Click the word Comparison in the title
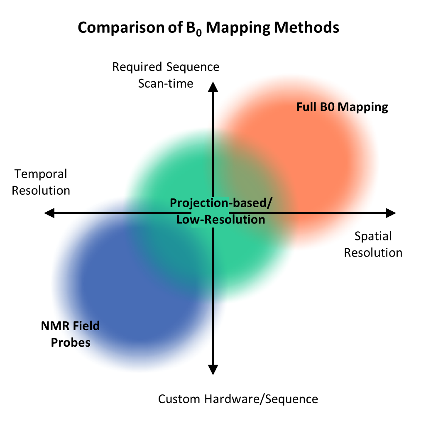pos(121,28)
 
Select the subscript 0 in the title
pos(198,33)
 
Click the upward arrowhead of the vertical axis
pos(213,87)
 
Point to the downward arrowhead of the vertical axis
pos(213,370)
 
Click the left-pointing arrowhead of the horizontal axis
pos(49,213)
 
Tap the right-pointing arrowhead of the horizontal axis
pos(391,213)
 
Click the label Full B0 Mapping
pos(342,107)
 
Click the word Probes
pos(71,342)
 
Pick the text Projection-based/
pos(221,203)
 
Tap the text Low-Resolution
pos(221,220)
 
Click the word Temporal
pos(41,174)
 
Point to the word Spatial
pos(373,236)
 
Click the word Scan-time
pos(166,83)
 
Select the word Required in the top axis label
pos(137,67)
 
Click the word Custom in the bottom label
pos(179,399)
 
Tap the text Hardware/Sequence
pos(261,399)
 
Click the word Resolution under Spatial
pos(373,253)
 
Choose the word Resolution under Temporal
pos(41,191)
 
